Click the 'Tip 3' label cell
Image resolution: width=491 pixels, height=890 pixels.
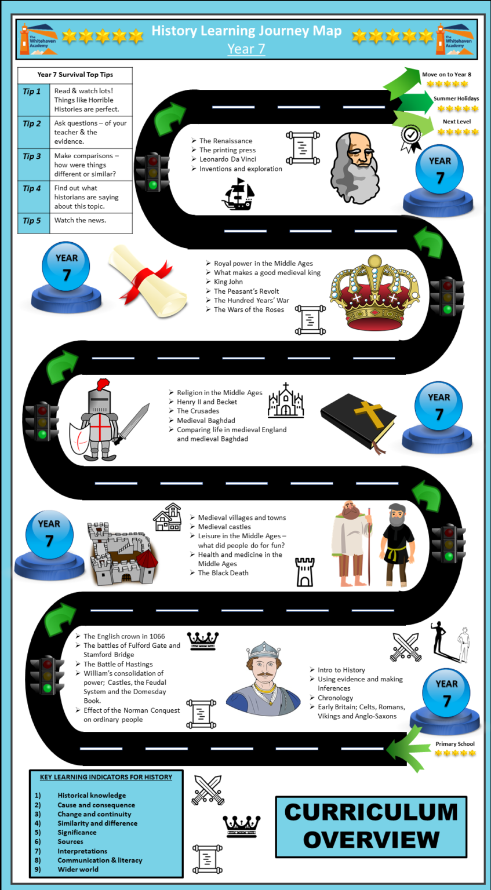pyautogui.click(x=32, y=156)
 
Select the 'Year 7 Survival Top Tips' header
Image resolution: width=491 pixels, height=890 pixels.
pyautogui.click(x=75, y=75)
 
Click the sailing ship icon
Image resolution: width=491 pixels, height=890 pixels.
pyautogui.click(x=238, y=194)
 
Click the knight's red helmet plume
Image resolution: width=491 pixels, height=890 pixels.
pyautogui.click(x=103, y=384)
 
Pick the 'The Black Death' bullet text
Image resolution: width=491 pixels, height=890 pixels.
pyautogui.click(x=223, y=573)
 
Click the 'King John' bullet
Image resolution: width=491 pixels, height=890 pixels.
pyautogui.click(x=228, y=282)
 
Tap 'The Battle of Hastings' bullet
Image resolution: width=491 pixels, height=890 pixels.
pyautogui.click(x=118, y=664)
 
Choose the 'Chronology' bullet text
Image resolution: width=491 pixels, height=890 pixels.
pyautogui.click(x=335, y=698)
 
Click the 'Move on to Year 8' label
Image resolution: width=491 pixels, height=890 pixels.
pyautogui.click(x=446, y=74)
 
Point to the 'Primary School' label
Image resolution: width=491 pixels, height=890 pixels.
pyautogui.click(x=455, y=744)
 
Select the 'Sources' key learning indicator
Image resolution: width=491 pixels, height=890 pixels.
pyautogui.click(x=70, y=841)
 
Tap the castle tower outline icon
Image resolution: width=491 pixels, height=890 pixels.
pyautogui.click(x=305, y=572)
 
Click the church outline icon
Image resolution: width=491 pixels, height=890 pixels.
pyautogui.click(x=286, y=400)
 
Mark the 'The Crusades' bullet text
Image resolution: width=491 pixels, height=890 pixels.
pyautogui.click(x=198, y=411)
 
